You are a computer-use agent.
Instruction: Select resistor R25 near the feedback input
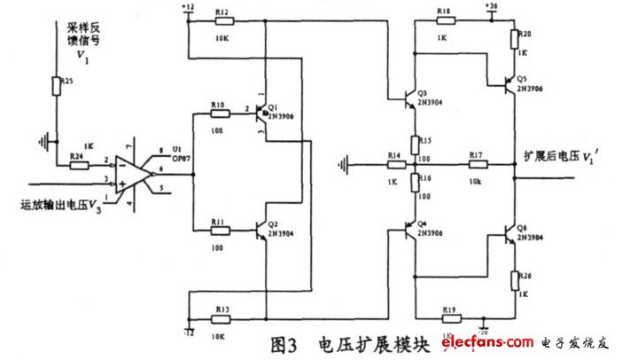click(57, 86)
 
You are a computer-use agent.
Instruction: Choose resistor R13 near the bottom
click(222, 312)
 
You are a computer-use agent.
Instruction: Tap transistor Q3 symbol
click(409, 98)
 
